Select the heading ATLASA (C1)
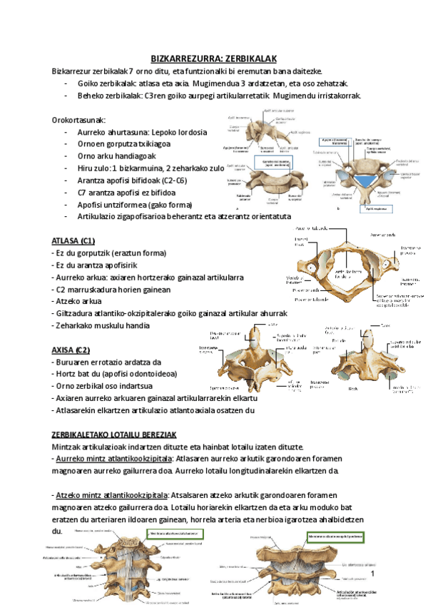pyautogui.click(x=73, y=240)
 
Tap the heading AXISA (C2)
pyautogui.click(x=71, y=350)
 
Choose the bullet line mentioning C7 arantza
pyautogui.click(x=127, y=193)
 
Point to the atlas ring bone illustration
pyautogui.click(x=347, y=271)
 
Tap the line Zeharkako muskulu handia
pyautogui.click(x=101, y=325)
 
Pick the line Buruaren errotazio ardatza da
pyautogui.click(x=107, y=362)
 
